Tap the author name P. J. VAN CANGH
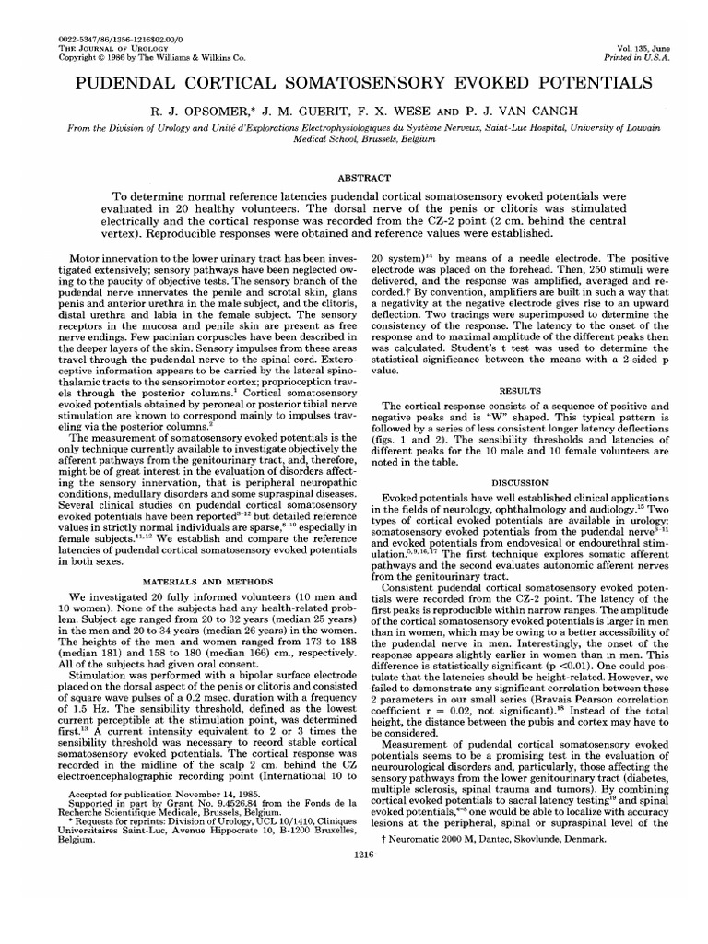click(502, 110)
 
